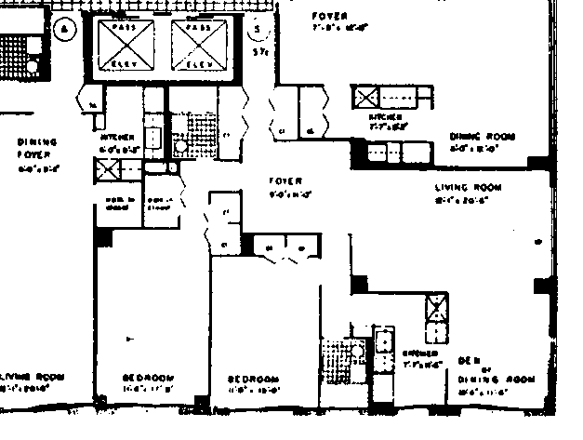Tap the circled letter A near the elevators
[x=65, y=29]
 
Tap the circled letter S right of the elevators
[x=258, y=30]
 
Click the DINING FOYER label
[x=38, y=149]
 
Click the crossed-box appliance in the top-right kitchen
[x=364, y=97]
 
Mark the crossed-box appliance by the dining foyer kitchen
[x=106, y=169]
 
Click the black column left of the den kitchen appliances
[x=358, y=285]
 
